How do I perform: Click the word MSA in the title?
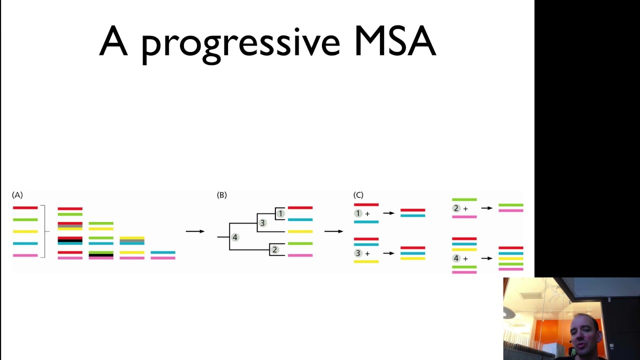(x=395, y=41)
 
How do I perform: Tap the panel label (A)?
(x=17, y=195)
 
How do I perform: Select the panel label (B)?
(x=222, y=195)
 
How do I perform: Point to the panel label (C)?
(x=358, y=195)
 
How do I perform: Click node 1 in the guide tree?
(x=280, y=213)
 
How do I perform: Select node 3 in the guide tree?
(x=262, y=223)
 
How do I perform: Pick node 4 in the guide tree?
(x=235, y=237)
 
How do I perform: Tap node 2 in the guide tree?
(x=274, y=249)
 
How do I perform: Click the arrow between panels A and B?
(x=195, y=231)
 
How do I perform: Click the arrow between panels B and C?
(x=333, y=231)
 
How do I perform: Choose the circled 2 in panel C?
(x=456, y=208)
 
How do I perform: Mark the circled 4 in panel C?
(x=456, y=258)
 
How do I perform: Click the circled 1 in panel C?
(x=358, y=213)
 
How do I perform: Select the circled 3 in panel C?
(x=358, y=253)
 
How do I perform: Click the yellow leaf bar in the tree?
(x=300, y=231)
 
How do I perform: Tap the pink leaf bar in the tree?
(x=300, y=255)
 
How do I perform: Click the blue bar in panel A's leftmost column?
(x=25, y=243)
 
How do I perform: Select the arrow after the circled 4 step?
(x=486, y=258)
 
